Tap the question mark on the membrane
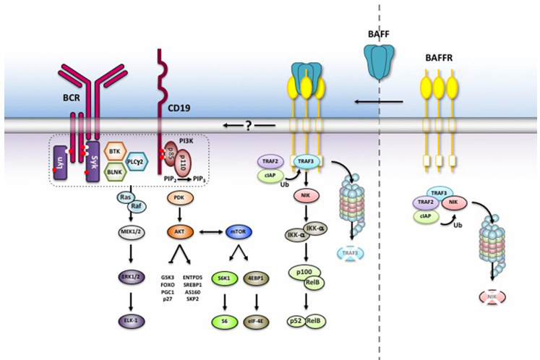249,125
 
